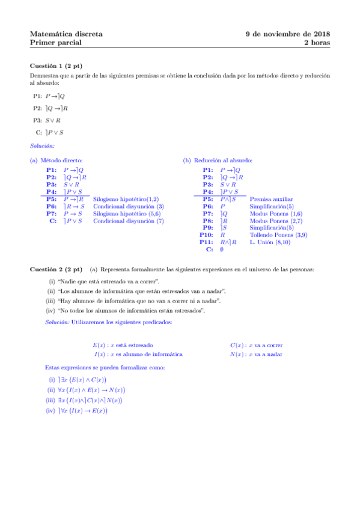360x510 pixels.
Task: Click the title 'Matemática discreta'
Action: pyautogui.click(x=66, y=34)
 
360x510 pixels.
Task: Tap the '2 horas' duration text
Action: pyautogui.click(x=316, y=43)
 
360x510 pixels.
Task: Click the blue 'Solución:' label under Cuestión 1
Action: pyautogui.click(x=42, y=146)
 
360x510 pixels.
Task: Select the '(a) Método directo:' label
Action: pyautogui.click(x=56, y=161)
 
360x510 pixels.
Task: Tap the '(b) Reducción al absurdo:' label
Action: pyautogui.click(x=218, y=161)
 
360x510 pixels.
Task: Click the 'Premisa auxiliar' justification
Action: pyautogui.click(x=271, y=199)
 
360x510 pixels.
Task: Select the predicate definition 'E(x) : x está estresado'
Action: pyautogui.click(x=123, y=345)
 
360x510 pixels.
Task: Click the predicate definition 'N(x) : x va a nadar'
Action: pyautogui.click(x=256, y=354)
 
